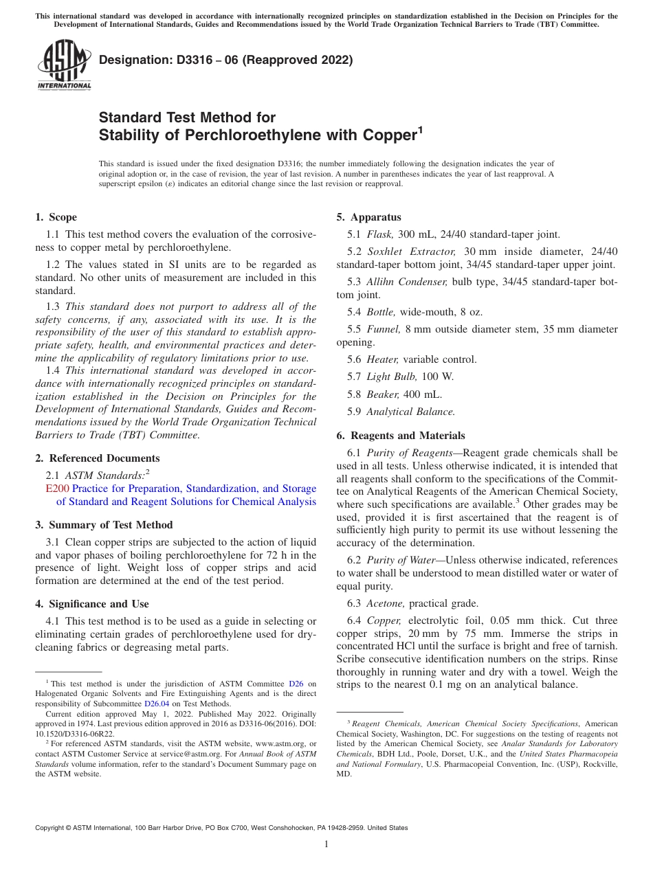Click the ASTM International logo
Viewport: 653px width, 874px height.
64,65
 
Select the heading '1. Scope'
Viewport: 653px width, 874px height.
56,217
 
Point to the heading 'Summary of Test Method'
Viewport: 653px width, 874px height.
111,525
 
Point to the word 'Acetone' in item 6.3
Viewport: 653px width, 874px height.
384,603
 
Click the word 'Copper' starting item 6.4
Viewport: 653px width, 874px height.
384,620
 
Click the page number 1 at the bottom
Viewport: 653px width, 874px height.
326,844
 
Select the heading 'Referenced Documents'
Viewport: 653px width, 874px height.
104,458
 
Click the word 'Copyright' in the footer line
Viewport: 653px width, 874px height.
51,828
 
